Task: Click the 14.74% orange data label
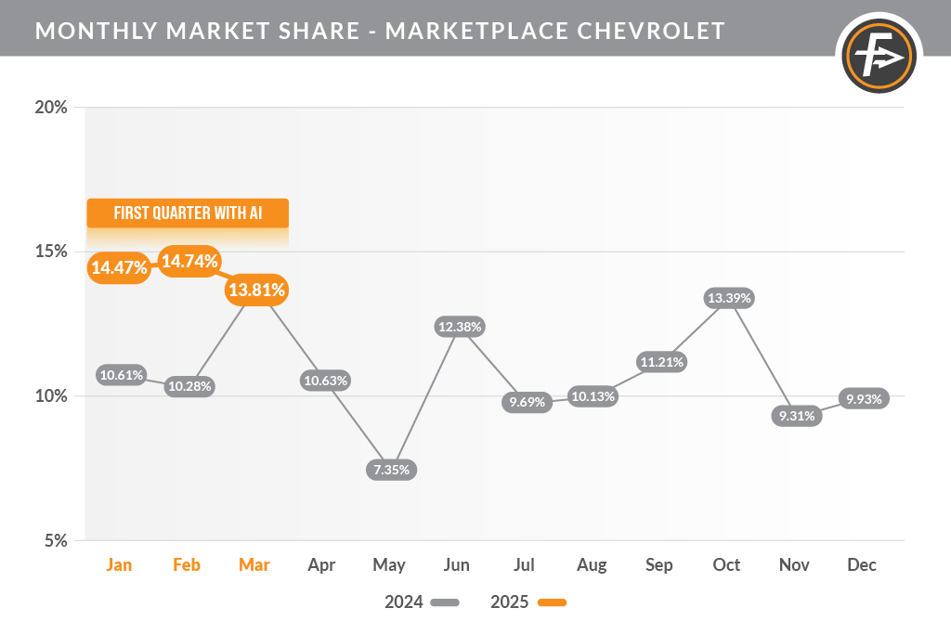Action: pos(189,262)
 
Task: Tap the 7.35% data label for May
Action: pos(391,470)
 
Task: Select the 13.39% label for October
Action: pos(729,298)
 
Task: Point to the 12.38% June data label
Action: pos(459,327)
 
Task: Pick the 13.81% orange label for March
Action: pos(255,291)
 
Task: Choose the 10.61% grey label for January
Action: pos(122,375)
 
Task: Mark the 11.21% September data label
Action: pos(661,362)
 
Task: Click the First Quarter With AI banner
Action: pos(188,213)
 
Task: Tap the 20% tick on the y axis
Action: pos(51,107)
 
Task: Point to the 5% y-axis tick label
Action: pos(56,540)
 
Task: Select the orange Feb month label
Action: pos(187,564)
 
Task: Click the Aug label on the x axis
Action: pos(592,564)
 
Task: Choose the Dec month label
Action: pos(862,564)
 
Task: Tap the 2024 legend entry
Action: pos(422,602)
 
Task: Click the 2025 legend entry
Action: pos(528,602)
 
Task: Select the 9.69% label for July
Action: pos(527,403)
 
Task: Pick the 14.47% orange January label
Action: pos(119,268)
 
